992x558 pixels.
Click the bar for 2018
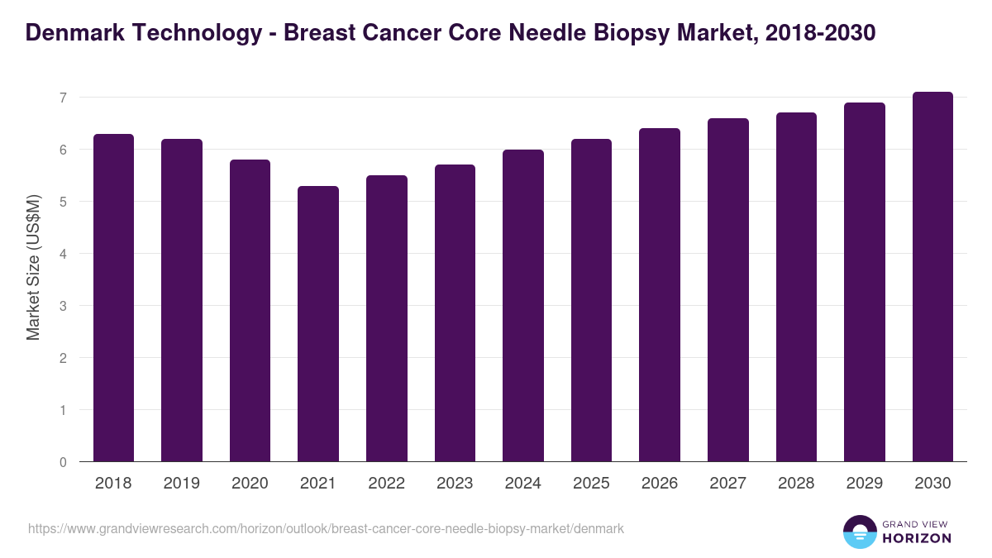coord(113,298)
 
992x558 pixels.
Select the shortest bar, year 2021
coord(318,324)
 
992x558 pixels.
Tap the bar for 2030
coord(932,277)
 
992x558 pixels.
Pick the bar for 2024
coord(523,306)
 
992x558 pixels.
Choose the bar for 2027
coord(728,290)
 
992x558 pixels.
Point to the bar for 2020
coord(250,311)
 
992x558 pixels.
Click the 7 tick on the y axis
coord(62,98)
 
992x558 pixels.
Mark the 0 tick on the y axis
coord(62,462)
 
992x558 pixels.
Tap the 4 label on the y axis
coord(62,254)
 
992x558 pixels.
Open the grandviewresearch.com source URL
coord(326,528)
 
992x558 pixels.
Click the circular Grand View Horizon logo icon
coord(859,532)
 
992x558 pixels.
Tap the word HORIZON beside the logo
coord(917,538)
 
